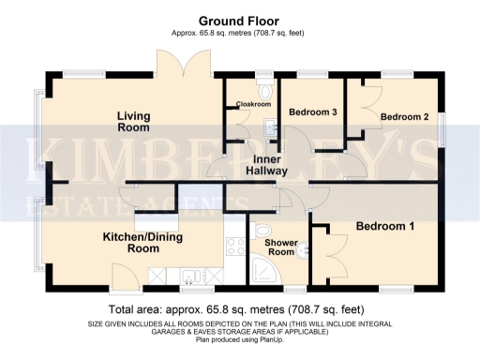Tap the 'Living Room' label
click(x=133, y=121)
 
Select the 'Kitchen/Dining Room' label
click(x=142, y=244)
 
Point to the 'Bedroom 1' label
click(x=384, y=227)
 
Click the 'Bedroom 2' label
click(x=404, y=116)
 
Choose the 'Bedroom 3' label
click(x=312, y=112)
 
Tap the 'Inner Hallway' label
click(x=266, y=165)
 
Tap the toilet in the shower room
click(x=263, y=232)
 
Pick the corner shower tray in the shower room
click(x=267, y=270)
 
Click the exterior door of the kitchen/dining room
click(x=123, y=275)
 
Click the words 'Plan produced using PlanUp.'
click(x=240, y=339)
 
